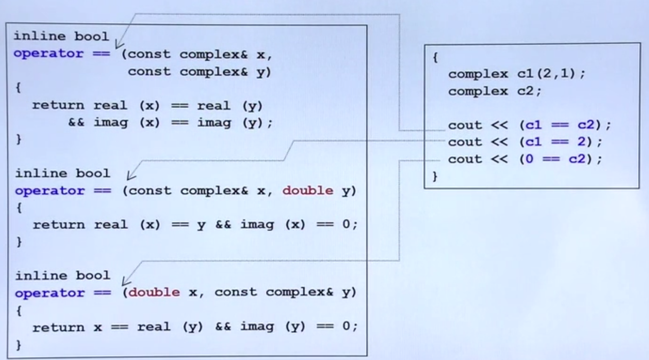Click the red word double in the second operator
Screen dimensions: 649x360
[x=307, y=191]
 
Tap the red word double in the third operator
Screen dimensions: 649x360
[x=154, y=292]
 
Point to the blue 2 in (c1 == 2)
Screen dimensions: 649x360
[x=581, y=142]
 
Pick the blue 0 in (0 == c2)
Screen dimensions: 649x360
[x=529, y=159]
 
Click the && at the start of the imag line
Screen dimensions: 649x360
[x=76, y=122]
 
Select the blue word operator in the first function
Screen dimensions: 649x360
[x=48, y=54]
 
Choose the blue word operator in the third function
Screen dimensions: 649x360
[x=49, y=293]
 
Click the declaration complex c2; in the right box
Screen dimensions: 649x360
[x=494, y=91]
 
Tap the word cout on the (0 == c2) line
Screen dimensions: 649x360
[x=465, y=159]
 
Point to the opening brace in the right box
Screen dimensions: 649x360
[x=435, y=57]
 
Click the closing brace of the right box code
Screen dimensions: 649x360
[x=435, y=176]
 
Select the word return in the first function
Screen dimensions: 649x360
[x=58, y=105]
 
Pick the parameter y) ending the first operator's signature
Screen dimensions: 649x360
[x=264, y=72]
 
